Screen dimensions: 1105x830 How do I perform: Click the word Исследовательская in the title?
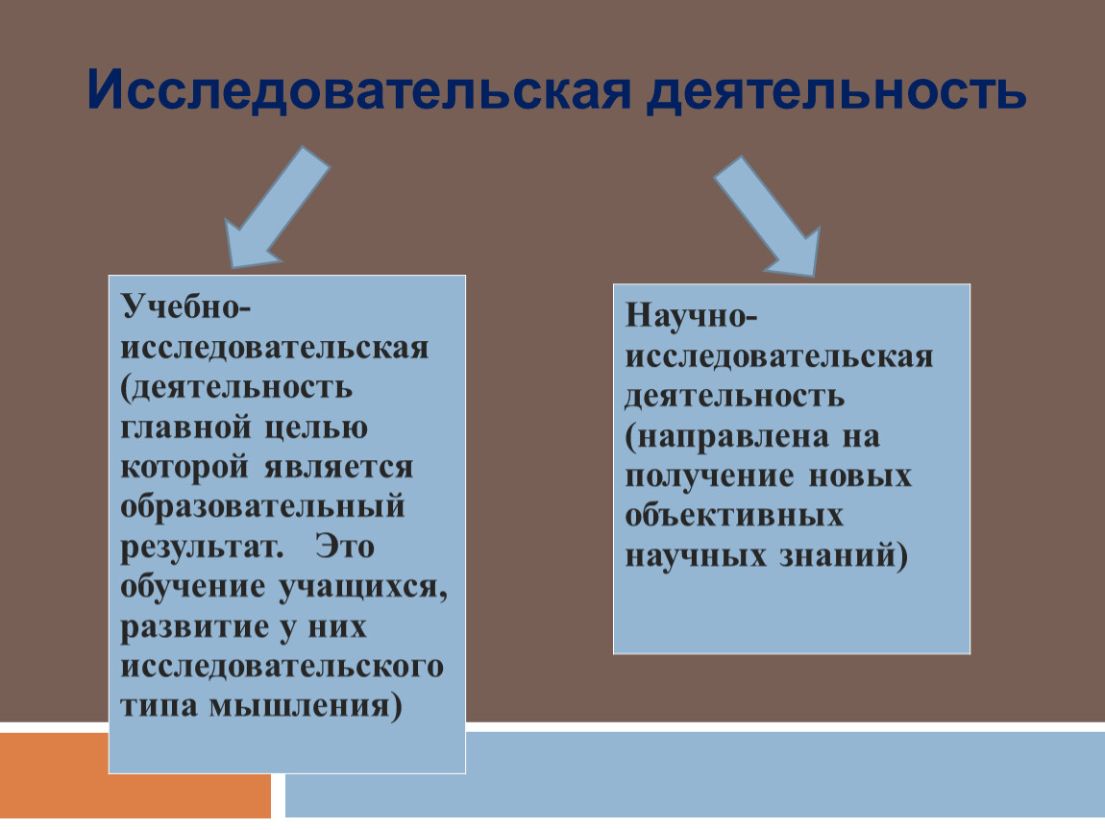pyautogui.click(x=358, y=89)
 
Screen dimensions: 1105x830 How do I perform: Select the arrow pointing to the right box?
pyautogui.click(x=768, y=216)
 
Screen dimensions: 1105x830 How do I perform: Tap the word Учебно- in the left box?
pyautogui.click(x=185, y=306)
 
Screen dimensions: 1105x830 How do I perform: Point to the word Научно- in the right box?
pyautogui.click(x=691, y=316)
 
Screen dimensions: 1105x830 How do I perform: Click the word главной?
pyautogui.click(x=185, y=427)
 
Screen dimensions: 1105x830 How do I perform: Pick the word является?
pyautogui.click(x=338, y=467)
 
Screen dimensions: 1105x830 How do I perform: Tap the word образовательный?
pyautogui.click(x=262, y=507)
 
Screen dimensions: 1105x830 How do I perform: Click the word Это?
pyautogui.click(x=345, y=547)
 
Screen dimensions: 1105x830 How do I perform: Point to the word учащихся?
pyautogui.click(x=363, y=587)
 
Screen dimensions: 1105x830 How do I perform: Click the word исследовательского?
pyautogui.click(x=282, y=667)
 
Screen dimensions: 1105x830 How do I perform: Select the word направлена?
pyautogui.click(x=733, y=437)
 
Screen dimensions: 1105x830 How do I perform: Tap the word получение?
pyautogui.click(x=709, y=477)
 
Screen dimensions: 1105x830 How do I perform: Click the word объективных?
pyautogui.click(x=733, y=516)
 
